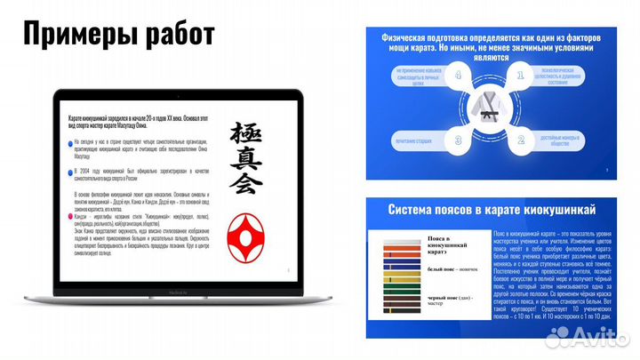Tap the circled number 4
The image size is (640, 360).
459,77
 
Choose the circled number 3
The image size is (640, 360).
459,140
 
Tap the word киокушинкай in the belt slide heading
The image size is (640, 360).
550,208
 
